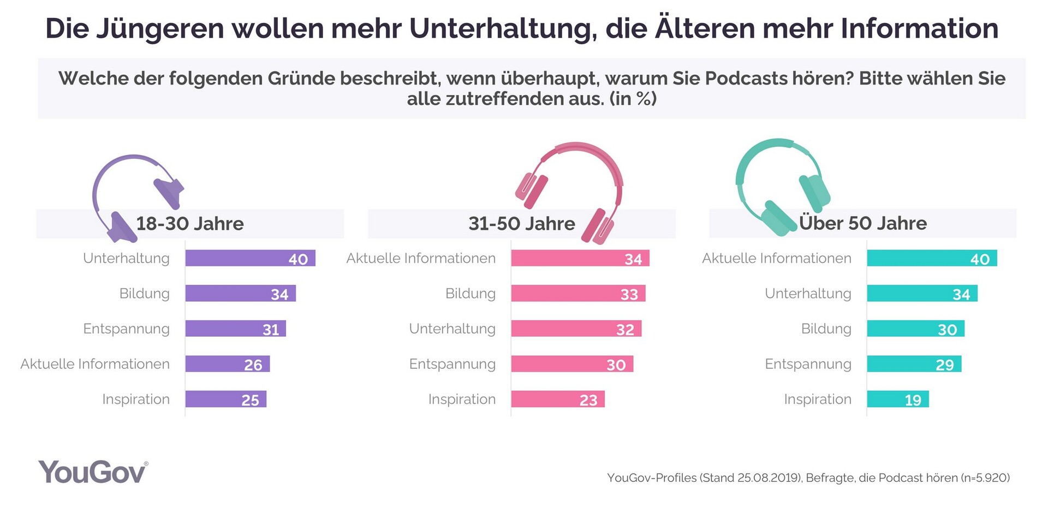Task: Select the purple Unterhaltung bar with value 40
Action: pos(250,258)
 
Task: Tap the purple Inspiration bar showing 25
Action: pos(225,399)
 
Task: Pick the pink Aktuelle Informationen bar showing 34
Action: pos(580,258)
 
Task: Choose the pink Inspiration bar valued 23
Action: pos(557,399)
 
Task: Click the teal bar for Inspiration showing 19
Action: pos(897,399)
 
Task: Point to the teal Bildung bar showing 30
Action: pos(915,329)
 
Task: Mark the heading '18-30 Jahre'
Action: pos(189,224)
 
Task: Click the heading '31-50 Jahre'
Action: pos(521,224)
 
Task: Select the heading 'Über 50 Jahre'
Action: pos(862,223)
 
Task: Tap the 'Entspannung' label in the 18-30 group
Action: pos(126,329)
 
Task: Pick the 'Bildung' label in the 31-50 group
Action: pos(470,294)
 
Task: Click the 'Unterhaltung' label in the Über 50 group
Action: pos(808,294)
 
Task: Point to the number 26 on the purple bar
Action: pos(253,364)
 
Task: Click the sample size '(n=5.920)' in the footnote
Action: pos(985,478)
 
